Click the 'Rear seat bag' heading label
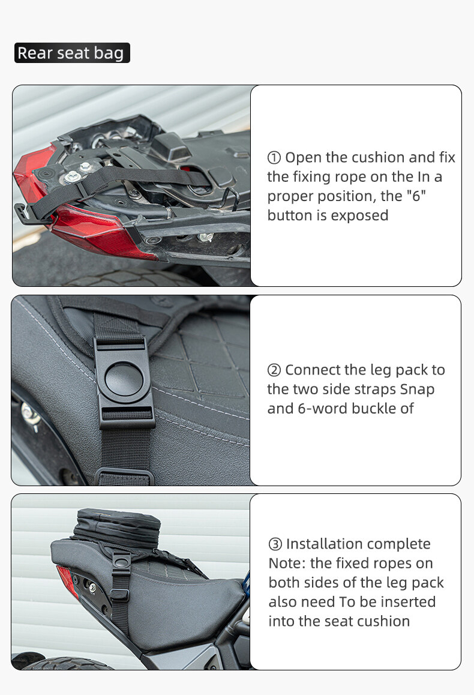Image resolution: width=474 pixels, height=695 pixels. click(x=72, y=53)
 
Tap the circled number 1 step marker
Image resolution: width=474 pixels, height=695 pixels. click(x=274, y=157)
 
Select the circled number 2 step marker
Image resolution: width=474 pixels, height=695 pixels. click(x=274, y=370)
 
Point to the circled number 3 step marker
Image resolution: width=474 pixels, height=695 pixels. click(x=275, y=544)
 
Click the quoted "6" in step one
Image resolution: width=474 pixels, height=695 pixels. click(x=416, y=196)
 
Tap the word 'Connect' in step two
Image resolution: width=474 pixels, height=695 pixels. click(x=313, y=370)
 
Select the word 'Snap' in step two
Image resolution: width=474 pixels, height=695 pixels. click(x=417, y=390)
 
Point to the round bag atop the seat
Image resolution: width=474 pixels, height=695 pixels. click(x=118, y=528)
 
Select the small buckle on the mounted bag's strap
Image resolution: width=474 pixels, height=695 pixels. click(x=121, y=560)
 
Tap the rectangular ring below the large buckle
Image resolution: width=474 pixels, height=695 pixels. click(x=124, y=476)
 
